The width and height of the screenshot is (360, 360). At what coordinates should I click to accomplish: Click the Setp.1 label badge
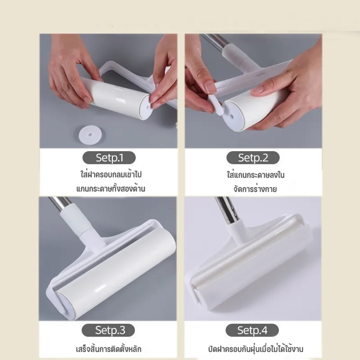(x=109, y=158)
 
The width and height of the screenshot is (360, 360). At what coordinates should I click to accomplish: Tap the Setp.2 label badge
(x=253, y=158)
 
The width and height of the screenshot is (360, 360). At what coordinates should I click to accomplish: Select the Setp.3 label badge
(x=108, y=330)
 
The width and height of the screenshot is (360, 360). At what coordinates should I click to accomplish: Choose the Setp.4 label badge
(x=252, y=330)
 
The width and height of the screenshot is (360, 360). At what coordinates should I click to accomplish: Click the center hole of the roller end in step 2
(x=231, y=117)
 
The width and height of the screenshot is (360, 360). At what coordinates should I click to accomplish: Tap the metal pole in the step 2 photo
(x=213, y=42)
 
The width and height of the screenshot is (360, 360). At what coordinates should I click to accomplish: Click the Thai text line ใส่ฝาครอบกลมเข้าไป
(x=111, y=175)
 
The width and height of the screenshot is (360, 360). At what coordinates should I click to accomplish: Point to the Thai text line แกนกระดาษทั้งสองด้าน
(x=111, y=189)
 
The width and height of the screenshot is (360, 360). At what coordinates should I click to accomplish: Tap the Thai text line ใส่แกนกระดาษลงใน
(x=256, y=175)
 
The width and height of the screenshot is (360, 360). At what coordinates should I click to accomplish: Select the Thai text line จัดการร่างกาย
(x=255, y=189)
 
